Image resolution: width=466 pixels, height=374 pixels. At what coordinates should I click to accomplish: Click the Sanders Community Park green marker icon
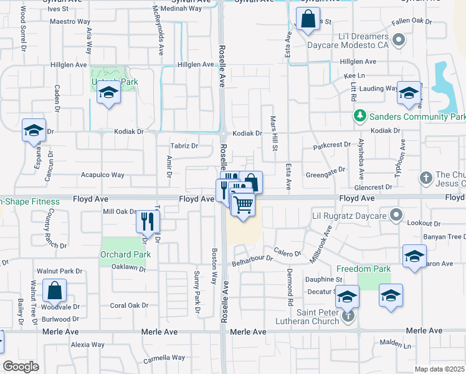[359, 116]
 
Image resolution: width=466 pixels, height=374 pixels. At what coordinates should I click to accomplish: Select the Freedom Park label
[363, 269]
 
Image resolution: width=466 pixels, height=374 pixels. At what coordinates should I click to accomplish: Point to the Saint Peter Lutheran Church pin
[348, 316]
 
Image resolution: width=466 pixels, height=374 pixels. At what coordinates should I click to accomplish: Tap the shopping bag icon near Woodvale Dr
[54, 290]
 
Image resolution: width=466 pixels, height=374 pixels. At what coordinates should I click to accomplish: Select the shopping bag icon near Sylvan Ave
[308, 19]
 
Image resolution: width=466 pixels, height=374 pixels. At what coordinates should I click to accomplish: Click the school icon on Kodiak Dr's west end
[34, 130]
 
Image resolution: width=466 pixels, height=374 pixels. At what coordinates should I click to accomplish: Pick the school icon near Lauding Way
[408, 93]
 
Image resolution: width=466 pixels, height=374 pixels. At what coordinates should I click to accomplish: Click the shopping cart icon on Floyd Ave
[243, 204]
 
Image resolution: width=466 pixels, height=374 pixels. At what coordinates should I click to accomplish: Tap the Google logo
[21, 367]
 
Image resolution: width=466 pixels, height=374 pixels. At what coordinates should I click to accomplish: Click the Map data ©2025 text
[439, 369]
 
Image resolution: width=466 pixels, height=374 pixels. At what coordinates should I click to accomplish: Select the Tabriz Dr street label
[184, 146]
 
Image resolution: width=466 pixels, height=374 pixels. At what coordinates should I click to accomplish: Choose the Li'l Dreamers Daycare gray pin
[399, 42]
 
